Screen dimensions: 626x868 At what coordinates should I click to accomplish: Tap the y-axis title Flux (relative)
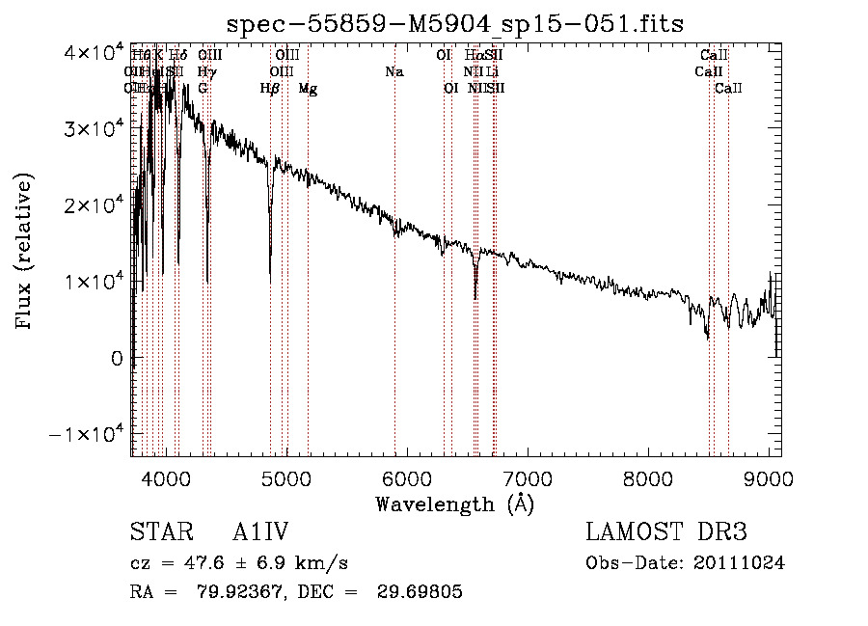coord(26,251)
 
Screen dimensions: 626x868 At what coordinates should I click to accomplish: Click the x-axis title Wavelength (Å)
coord(454,504)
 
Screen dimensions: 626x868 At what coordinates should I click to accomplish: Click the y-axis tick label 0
coord(115,358)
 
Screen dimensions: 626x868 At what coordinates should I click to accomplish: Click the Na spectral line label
coord(393,71)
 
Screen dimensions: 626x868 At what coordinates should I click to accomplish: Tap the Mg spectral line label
coord(308,88)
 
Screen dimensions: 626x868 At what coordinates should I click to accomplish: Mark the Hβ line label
coord(270,88)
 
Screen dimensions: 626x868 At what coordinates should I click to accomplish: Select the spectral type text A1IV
coord(261,533)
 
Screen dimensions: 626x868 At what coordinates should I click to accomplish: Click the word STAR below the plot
coord(155,533)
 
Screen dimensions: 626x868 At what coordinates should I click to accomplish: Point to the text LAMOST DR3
coord(665,533)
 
